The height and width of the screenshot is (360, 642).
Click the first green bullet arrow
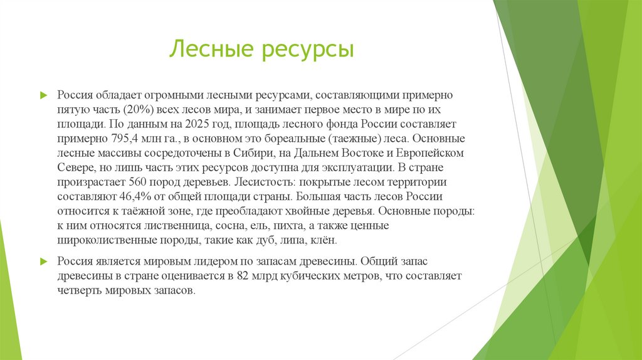(x=44, y=95)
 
